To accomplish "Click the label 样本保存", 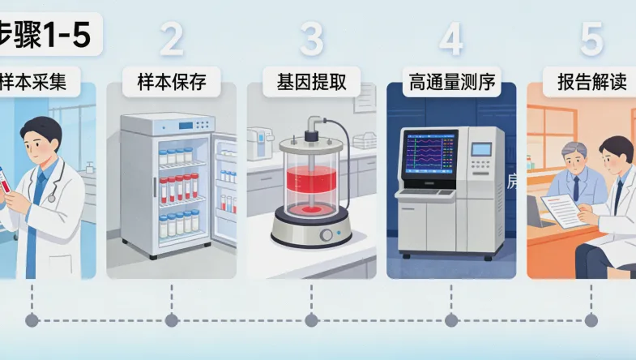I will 171,82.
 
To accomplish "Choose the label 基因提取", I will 312,82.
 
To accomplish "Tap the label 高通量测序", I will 452,82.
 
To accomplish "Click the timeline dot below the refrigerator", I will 171,321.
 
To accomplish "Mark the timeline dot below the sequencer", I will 451,321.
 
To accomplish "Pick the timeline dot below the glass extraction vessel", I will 312,321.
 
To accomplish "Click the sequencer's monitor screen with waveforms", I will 430,155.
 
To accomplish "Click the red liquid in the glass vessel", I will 312,191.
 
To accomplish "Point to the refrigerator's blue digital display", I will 186,126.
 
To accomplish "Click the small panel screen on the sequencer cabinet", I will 481,150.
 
